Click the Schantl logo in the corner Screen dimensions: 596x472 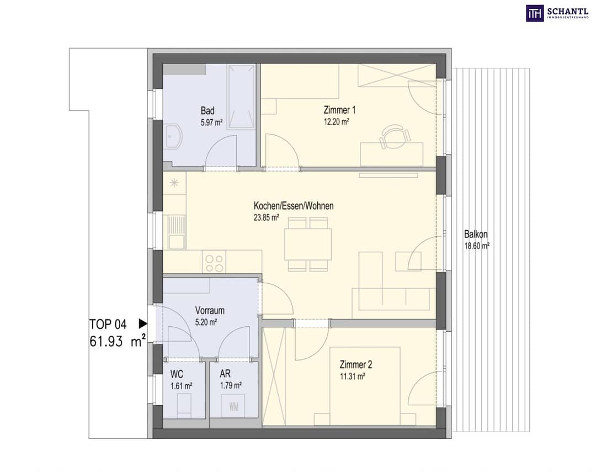(557, 13)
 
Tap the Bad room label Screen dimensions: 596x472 (207, 110)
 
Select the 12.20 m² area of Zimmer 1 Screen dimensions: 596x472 (337, 122)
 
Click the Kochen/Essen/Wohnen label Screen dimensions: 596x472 (294, 206)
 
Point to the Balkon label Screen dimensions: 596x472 (476, 234)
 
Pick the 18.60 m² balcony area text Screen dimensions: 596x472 (477, 246)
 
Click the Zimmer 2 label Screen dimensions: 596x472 (356, 365)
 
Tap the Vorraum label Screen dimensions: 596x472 (210, 310)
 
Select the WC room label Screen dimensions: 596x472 (177, 374)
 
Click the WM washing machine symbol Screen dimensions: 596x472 (234, 407)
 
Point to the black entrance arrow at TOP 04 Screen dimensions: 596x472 (143, 323)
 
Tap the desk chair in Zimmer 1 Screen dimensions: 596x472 (395, 136)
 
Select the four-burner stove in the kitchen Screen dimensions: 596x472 (214, 263)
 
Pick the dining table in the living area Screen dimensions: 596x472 (307, 244)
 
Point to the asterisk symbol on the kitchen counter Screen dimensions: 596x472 (174, 183)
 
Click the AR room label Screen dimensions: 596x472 (225, 374)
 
